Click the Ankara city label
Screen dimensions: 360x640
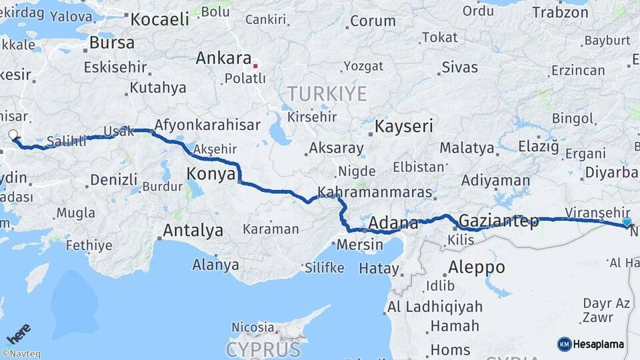[223, 58]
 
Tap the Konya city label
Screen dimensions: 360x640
[210, 174]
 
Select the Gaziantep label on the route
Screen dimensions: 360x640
[499, 221]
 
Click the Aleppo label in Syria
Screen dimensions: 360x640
[477, 267]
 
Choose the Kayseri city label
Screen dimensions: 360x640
[404, 125]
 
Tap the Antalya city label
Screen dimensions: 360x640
[193, 231]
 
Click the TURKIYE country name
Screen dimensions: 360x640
[326, 93]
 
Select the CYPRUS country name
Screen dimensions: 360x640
[263, 349]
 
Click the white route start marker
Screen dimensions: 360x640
[14, 135]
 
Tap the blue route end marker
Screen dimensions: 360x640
[627, 222]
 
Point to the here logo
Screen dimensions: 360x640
[19, 333]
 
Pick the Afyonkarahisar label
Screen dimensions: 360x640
[207, 125]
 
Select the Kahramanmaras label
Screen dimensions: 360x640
[375, 193]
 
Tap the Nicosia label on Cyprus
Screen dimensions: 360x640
[253, 327]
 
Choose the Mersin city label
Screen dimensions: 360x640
[360, 244]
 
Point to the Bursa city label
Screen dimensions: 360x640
[111, 43]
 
